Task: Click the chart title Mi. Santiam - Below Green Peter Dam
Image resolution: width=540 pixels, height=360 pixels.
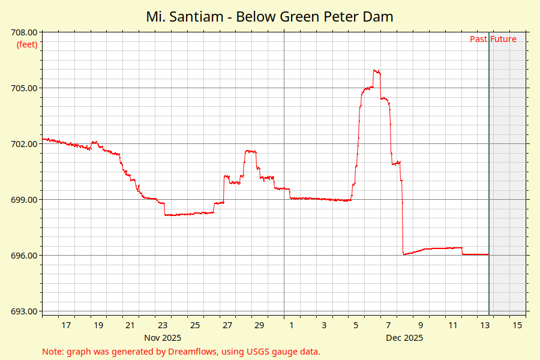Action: click(269, 17)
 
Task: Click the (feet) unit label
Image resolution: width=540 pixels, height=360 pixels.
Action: click(27, 44)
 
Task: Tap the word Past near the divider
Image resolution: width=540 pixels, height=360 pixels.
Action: click(478, 40)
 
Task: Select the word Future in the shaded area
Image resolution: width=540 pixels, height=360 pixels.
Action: click(503, 40)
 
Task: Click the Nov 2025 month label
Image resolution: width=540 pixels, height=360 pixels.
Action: click(163, 338)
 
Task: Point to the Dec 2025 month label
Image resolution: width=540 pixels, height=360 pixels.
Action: click(404, 338)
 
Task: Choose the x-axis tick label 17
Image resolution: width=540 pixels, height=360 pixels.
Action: click(66, 325)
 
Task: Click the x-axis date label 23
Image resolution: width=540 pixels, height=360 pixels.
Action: click(163, 325)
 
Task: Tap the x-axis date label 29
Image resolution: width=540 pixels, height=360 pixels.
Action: click(259, 325)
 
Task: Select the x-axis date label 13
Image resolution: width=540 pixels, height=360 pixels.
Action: click(485, 325)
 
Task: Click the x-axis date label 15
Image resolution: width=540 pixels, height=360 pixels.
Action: click(517, 325)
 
